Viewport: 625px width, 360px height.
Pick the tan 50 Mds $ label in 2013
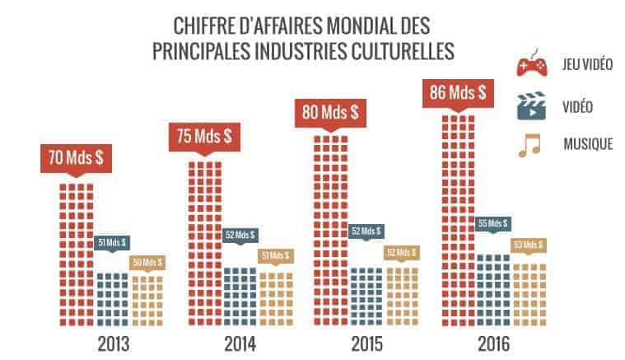pyautogui.click(x=147, y=262)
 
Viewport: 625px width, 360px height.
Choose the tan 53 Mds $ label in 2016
pyautogui.click(x=529, y=245)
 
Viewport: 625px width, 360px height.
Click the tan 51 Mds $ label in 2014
pyautogui.click(x=275, y=255)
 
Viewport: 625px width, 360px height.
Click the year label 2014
pyautogui.click(x=240, y=343)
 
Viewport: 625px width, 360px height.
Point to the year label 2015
pyautogui.click(x=366, y=343)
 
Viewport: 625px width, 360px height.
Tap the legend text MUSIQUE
pyautogui.click(x=588, y=145)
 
